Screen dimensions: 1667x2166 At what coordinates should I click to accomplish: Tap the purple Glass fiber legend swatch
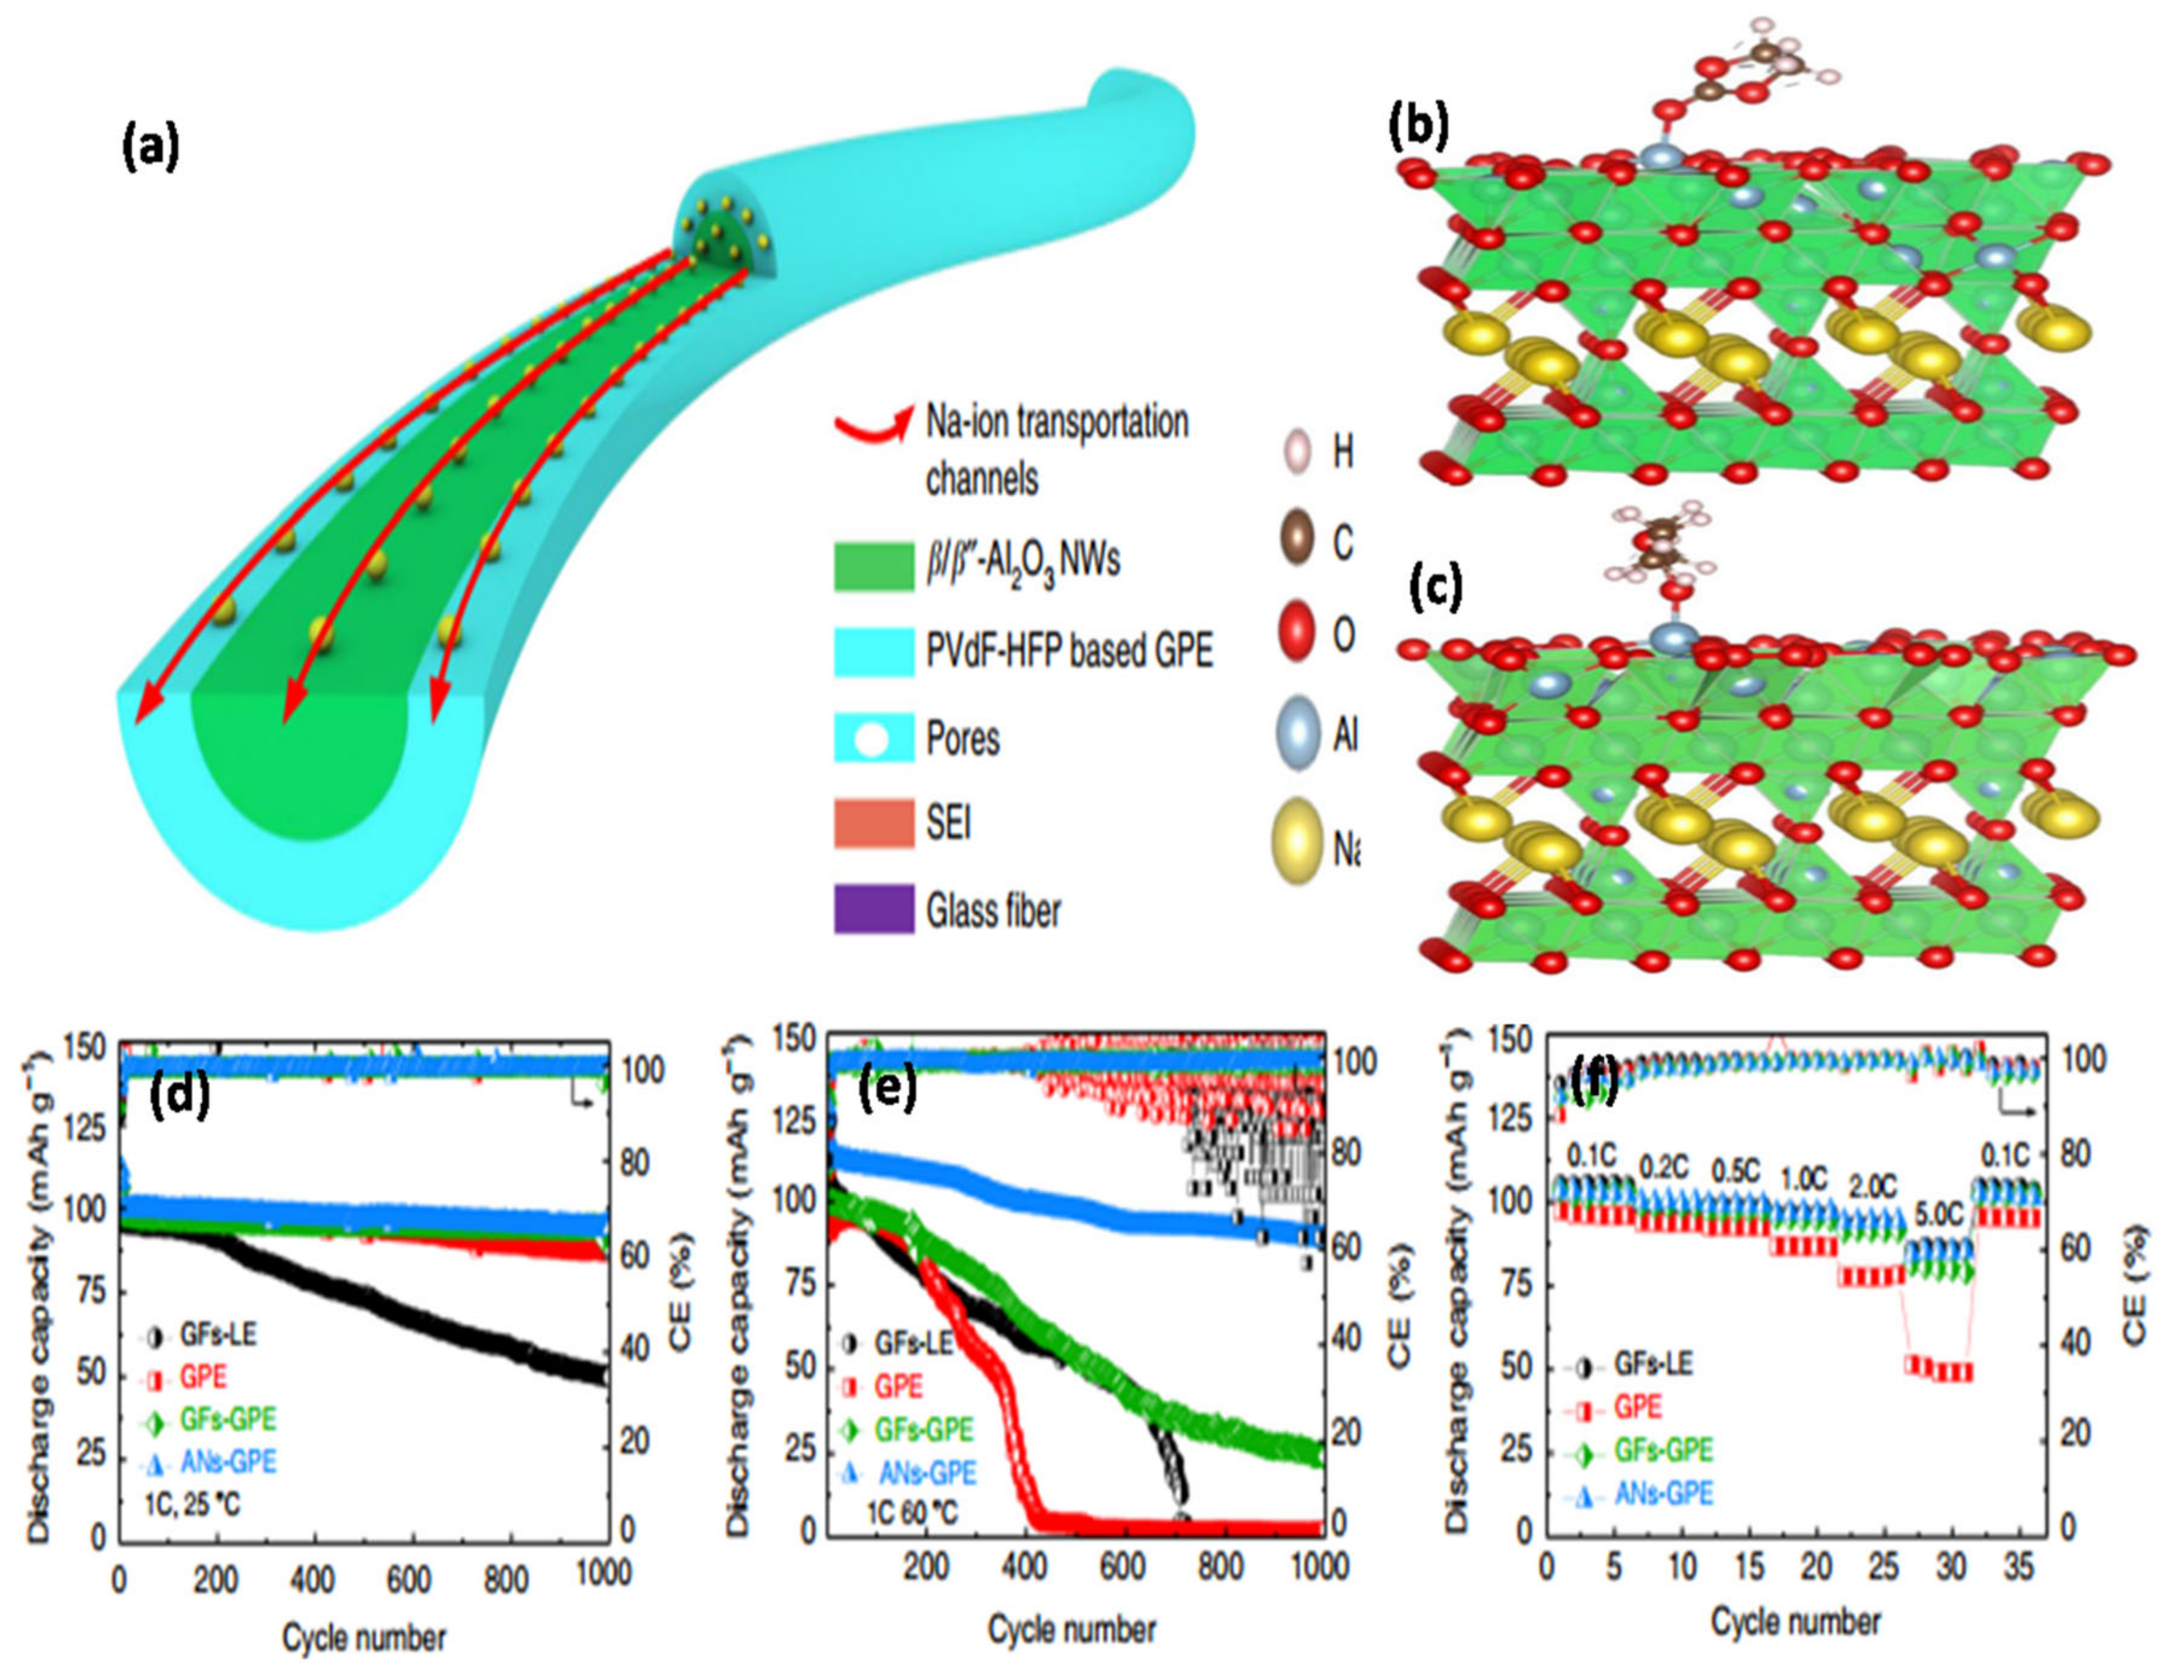873,909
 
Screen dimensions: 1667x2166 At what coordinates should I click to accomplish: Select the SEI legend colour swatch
873,823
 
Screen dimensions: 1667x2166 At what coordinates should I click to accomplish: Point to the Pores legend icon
873,739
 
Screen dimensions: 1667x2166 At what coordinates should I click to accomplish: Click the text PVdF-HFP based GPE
1069,652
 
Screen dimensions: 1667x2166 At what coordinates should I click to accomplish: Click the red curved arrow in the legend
873,424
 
